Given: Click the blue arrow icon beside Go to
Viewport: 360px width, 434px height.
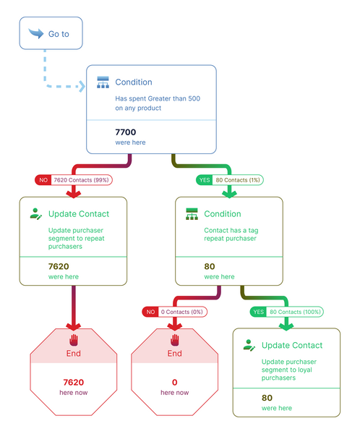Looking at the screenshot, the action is [36, 33].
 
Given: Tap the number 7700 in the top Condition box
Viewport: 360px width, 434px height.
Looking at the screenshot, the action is [125, 132].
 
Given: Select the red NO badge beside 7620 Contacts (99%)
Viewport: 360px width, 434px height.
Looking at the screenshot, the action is [43, 180].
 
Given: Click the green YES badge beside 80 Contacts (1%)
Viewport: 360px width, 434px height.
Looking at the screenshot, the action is [204, 180].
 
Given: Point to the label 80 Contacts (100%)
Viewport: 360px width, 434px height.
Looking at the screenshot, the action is [295, 312].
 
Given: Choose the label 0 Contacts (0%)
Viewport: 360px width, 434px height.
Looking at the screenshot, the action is [181, 312].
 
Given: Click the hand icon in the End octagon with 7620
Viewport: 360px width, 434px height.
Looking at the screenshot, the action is [74, 340].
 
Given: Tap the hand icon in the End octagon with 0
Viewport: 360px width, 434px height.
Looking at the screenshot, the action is [175, 340].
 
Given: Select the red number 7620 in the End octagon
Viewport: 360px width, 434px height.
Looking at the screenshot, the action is [73, 382].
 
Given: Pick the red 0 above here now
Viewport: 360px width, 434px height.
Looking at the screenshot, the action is [175, 382].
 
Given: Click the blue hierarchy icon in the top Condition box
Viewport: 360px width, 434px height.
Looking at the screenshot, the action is [103, 82].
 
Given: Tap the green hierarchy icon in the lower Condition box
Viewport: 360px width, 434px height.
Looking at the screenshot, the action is [192, 214].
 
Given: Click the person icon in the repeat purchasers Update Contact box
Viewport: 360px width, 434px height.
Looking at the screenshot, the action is [35, 214].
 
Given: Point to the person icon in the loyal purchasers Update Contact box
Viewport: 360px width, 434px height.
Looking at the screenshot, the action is [249, 346].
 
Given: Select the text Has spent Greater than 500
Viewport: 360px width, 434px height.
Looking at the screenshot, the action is [158, 98].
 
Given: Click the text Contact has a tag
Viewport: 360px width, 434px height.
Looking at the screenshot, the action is [231, 230].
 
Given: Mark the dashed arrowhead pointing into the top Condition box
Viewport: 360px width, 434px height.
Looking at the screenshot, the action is [82, 86].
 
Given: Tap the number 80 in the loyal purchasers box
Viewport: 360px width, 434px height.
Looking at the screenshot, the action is [267, 398].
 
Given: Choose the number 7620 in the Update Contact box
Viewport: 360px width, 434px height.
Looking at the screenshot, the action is [59, 266].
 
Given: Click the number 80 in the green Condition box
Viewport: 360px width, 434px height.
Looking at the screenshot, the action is [210, 266].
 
